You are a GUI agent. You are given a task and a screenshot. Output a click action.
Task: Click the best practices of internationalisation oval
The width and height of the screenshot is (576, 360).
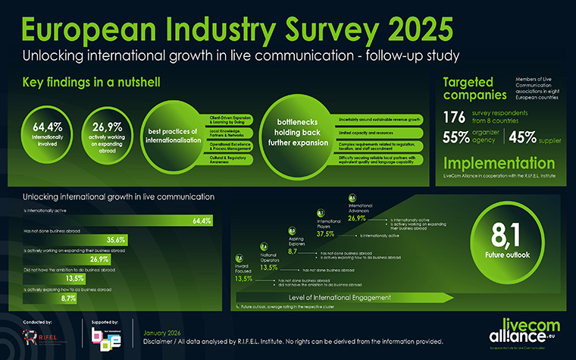click(176, 133)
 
